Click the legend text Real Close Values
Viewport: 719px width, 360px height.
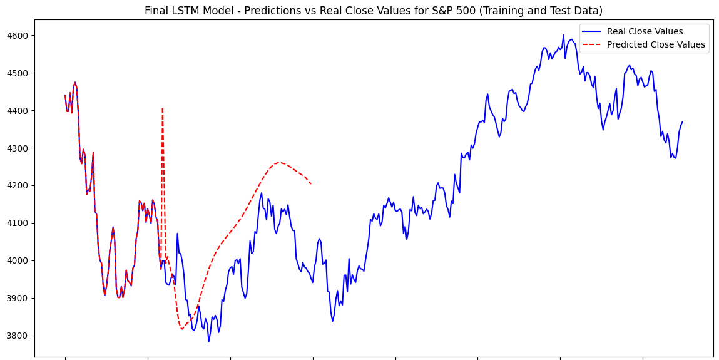click(645, 32)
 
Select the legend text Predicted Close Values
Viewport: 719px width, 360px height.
click(655, 44)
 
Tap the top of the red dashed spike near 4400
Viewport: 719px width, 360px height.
click(163, 108)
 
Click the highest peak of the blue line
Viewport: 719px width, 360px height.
click(563, 35)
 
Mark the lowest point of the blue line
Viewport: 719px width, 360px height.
click(209, 341)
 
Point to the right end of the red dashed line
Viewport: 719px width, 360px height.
click(312, 184)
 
